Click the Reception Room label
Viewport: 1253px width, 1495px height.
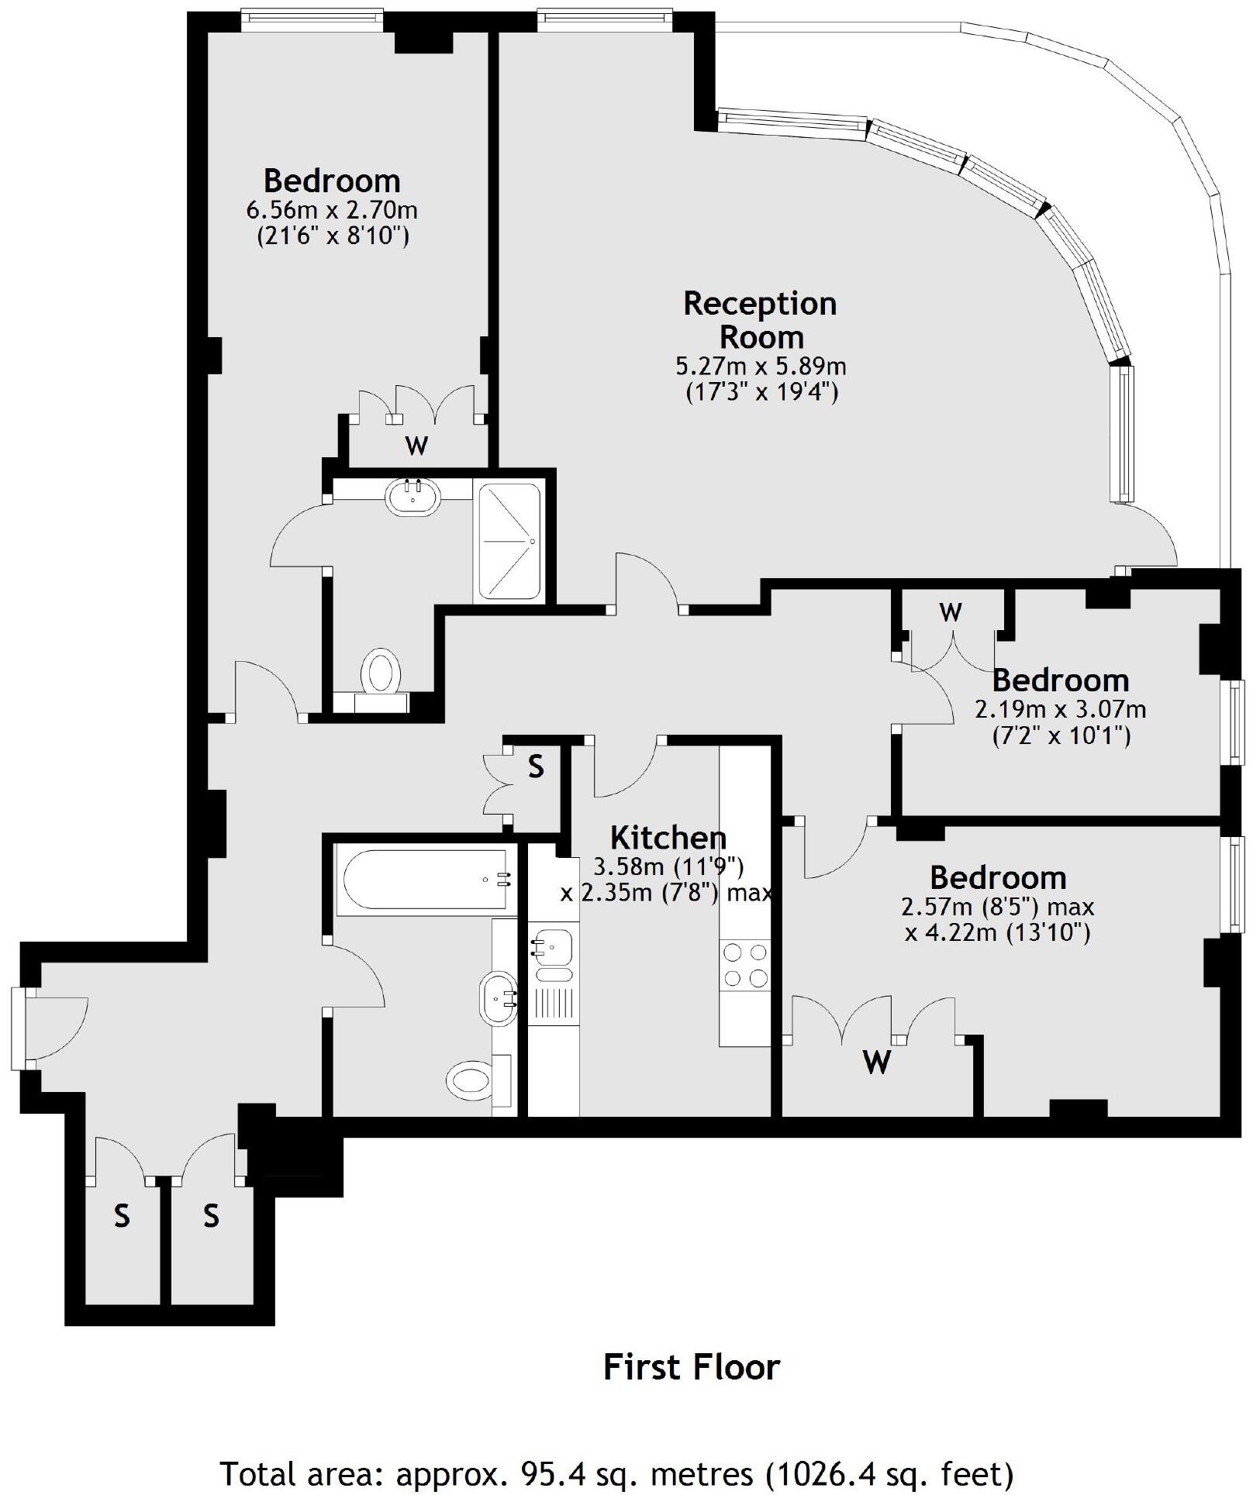pyautogui.click(x=760, y=320)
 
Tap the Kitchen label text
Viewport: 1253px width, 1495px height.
pyautogui.click(x=668, y=838)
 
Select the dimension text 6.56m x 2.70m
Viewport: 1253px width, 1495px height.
pyautogui.click(x=332, y=209)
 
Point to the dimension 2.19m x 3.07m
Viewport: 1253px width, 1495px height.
pyautogui.click(x=1060, y=709)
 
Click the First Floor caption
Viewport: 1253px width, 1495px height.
pyautogui.click(x=692, y=1367)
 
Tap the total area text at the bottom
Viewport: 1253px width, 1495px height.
pyautogui.click(x=617, y=1473)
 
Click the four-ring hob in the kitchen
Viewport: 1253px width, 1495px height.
pyautogui.click(x=745, y=964)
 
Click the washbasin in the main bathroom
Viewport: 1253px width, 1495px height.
pyautogui.click(x=499, y=999)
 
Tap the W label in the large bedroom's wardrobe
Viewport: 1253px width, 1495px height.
pyautogui.click(x=417, y=446)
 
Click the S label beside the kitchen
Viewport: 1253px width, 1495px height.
pyautogui.click(x=536, y=766)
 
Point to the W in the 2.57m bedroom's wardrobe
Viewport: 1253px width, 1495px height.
pyautogui.click(x=876, y=1061)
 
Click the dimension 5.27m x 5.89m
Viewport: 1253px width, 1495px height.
pyautogui.click(x=760, y=366)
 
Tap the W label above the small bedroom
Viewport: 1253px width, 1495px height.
pyautogui.click(x=951, y=612)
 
